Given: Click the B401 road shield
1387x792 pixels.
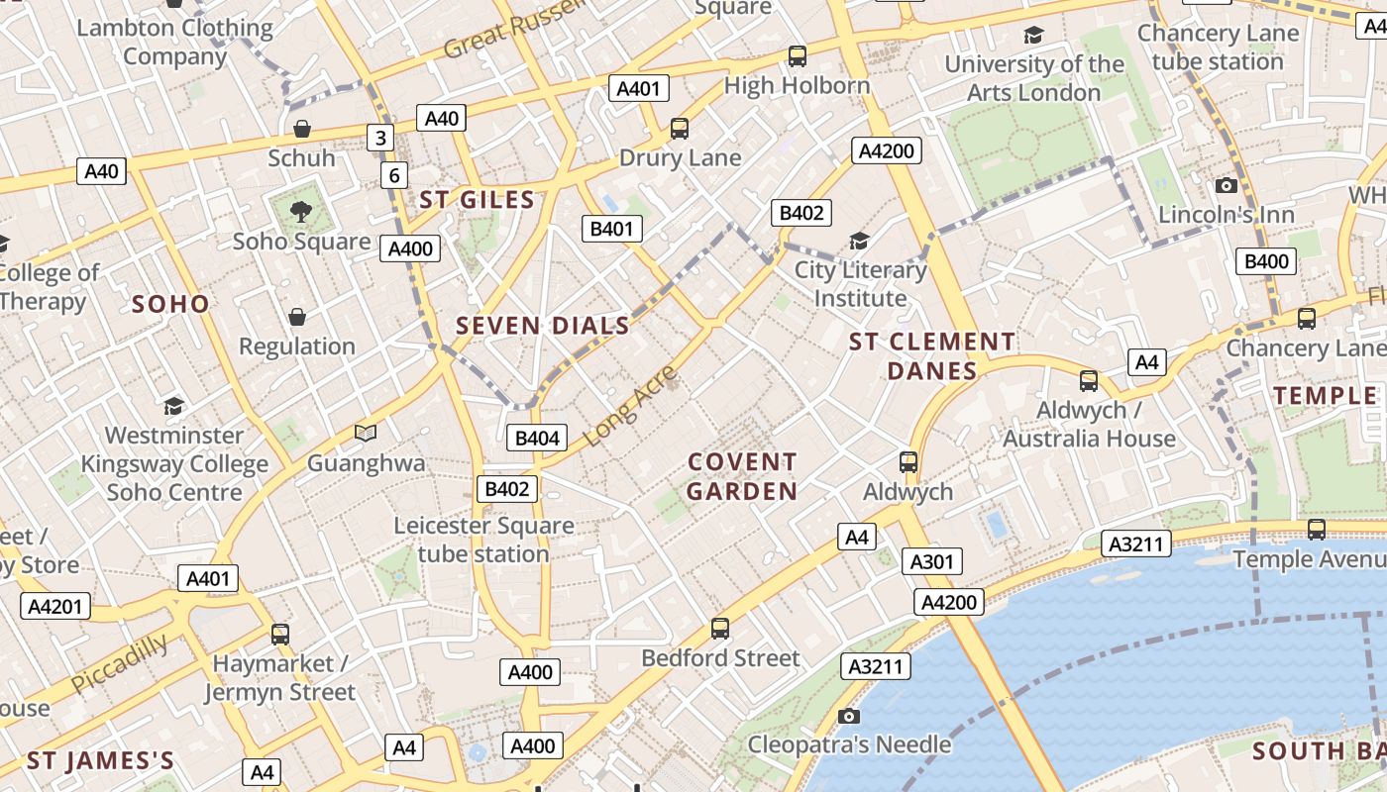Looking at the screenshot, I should tap(611, 229).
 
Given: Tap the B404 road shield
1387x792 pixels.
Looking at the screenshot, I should tap(536, 438).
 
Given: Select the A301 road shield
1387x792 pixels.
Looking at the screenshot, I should tap(931, 561).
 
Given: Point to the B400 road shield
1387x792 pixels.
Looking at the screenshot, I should tap(1266, 261).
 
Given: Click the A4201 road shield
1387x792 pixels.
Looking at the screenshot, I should tap(54, 606).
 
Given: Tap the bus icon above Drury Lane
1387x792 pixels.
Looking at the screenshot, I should tap(680, 128).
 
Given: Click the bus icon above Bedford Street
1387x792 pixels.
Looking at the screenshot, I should tap(720, 628).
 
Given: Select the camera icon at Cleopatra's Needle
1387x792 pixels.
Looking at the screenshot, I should tap(849, 715).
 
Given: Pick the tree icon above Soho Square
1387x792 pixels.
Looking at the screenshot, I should tap(301, 211).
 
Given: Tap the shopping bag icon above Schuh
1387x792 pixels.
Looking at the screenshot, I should tap(302, 128).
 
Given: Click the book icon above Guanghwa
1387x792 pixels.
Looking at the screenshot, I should tap(366, 433).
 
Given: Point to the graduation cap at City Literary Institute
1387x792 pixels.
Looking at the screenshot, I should tap(859, 241).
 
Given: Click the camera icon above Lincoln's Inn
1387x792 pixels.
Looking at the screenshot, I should tap(1227, 185).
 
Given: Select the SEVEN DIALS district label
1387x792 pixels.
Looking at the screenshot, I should tap(542, 325).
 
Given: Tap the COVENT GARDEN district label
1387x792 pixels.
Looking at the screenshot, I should tap(742, 476).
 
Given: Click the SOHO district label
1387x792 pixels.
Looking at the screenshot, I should tap(170, 304).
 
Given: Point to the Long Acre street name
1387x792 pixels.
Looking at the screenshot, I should tap(630, 406).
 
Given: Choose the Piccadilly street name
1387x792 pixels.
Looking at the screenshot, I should tap(119, 663).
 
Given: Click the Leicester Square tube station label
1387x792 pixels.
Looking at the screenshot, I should tap(483, 539).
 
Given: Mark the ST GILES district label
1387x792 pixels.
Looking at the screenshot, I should tap(477, 199).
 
